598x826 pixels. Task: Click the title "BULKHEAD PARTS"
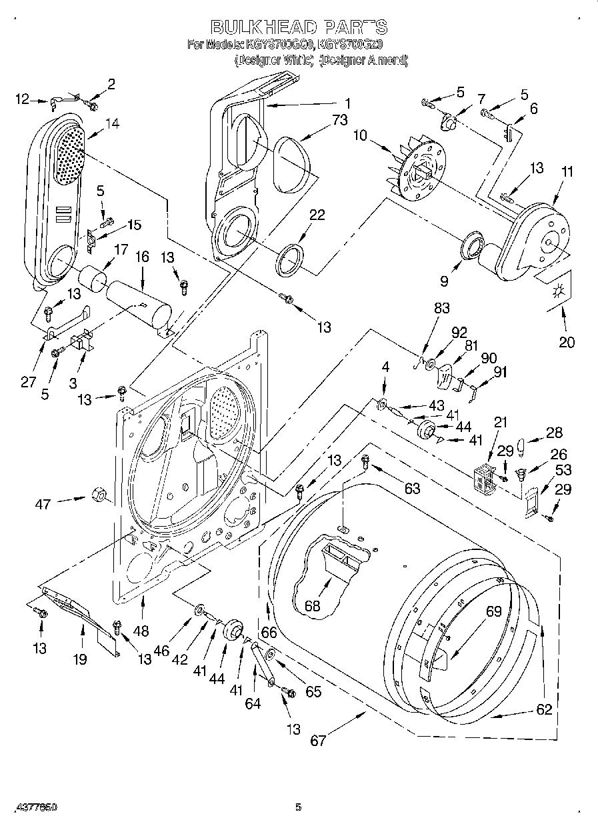coord(299,27)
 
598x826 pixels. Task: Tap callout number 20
coord(567,343)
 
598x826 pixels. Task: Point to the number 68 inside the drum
coord(312,606)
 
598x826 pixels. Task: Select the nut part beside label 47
coord(98,494)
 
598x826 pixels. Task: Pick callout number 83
coord(442,309)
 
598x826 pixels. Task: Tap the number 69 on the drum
coord(493,611)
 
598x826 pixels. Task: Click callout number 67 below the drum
coord(319,740)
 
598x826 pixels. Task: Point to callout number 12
coord(23,99)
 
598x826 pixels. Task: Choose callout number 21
coord(500,421)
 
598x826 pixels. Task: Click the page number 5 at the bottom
coord(299,807)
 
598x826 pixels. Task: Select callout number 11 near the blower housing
coord(567,171)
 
